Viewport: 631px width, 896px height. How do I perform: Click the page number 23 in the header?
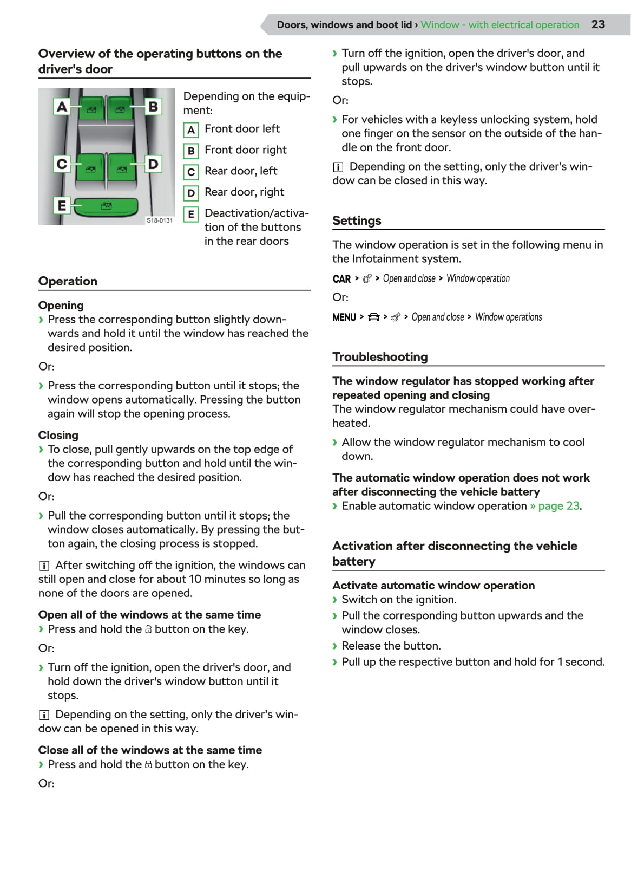point(597,24)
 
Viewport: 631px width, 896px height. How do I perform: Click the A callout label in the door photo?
point(62,106)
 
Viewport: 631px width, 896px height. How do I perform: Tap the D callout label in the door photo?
point(153,164)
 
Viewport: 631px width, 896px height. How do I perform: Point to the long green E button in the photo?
point(106,206)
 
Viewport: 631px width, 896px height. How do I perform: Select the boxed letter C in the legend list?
point(190,172)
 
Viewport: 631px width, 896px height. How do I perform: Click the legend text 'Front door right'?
point(246,150)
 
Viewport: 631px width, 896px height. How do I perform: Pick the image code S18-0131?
point(160,220)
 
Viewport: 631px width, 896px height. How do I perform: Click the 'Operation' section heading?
point(68,281)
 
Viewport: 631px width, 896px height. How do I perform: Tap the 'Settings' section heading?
point(357,220)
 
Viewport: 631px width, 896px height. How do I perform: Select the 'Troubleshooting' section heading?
point(380,357)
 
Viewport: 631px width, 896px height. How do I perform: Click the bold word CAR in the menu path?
point(341,279)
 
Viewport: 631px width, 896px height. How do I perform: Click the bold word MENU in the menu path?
point(344,317)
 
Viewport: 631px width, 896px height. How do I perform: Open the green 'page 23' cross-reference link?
point(558,506)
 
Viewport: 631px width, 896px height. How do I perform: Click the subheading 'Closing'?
point(58,436)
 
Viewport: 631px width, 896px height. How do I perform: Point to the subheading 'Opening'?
point(61,306)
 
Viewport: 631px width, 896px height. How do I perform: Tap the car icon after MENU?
point(373,317)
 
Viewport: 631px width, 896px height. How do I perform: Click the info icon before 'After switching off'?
point(44,566)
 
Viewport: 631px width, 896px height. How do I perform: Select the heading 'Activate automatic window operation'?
point(433,586)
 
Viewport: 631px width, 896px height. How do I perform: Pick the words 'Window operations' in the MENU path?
point(508,317)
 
